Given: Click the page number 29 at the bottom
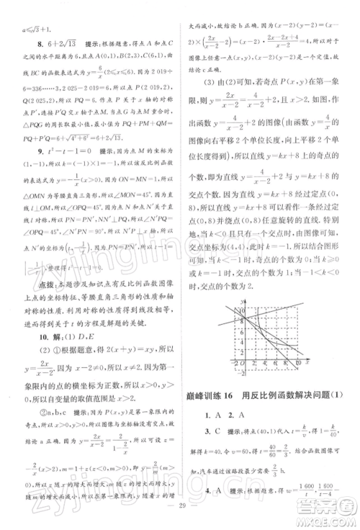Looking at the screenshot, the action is (x=180, y=518).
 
